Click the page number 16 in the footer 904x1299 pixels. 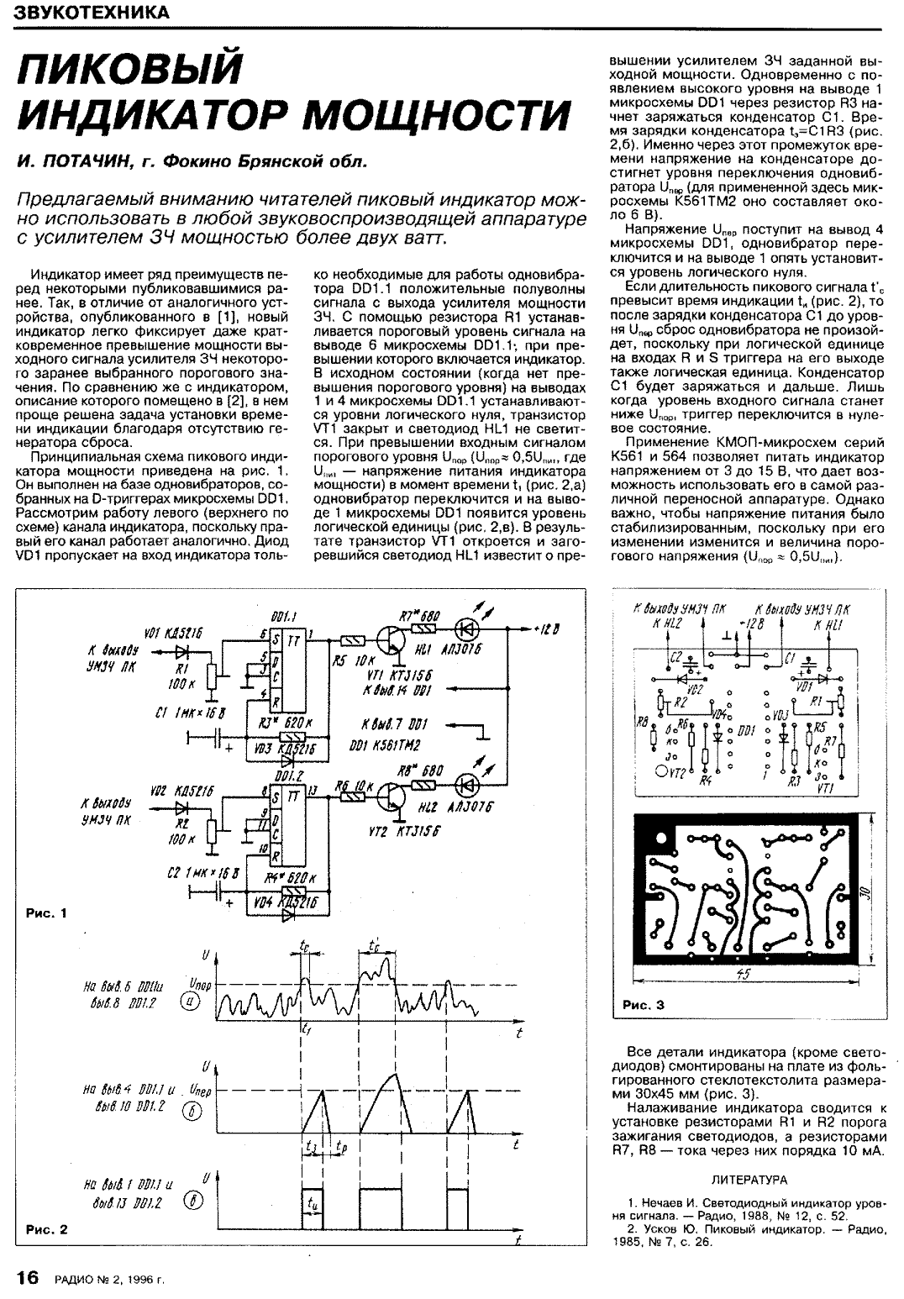coord(28,1277)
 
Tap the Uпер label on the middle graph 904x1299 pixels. coord(199,1091)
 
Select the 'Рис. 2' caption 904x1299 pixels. coord(47,1229)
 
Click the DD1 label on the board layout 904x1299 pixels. coord(746,730)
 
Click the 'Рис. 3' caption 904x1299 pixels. coord(644,1005)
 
